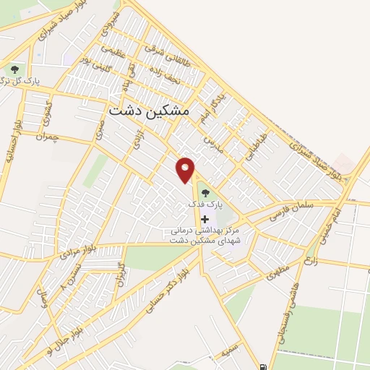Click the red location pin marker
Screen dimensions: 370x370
coord(186,169)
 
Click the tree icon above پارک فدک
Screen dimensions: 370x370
coord(205,193)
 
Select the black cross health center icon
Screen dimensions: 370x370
coord(205,219)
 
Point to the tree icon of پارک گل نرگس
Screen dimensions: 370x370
coord(14,69)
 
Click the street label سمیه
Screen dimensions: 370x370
coord(231,351)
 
